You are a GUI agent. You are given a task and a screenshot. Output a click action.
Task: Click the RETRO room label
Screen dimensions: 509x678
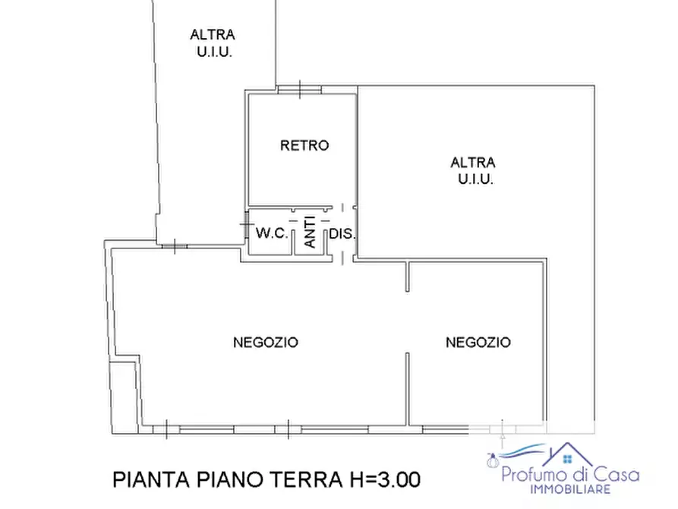click(x=304, y=145)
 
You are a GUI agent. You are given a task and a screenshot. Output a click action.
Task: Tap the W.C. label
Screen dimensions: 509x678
click(x=271, y=234)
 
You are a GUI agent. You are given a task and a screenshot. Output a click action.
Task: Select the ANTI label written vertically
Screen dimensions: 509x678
click(x=311, y=232)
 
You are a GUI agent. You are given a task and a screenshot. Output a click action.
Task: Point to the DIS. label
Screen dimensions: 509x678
click(x=342, y=234)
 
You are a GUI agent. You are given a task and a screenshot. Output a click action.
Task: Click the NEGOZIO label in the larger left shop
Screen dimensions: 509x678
click(x=265, y=343)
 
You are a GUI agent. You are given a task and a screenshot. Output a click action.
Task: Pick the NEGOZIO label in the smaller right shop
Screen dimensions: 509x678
click(x=478, y=343)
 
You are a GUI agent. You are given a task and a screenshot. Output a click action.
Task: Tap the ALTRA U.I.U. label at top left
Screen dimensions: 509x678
click(x=212, y=43)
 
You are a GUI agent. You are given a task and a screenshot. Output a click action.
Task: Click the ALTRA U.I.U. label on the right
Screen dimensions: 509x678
click(x=473, y=171)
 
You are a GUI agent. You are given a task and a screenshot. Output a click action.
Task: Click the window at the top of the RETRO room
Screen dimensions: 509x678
click(x=299, y=90)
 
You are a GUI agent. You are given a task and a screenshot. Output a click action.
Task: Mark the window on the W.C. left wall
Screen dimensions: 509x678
click(x=245, y=225)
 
